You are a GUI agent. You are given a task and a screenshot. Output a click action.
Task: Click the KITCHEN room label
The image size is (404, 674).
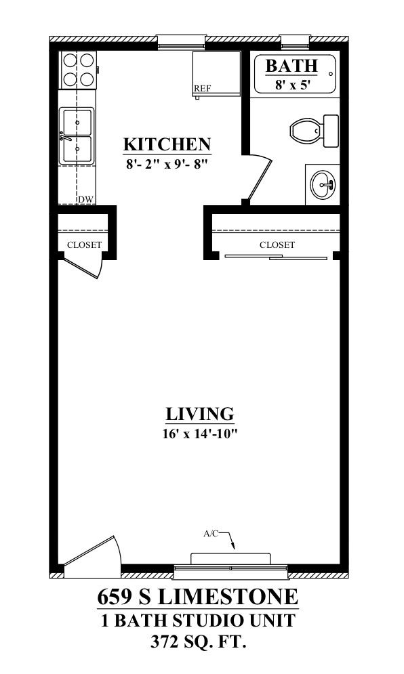click(x=167, y=144)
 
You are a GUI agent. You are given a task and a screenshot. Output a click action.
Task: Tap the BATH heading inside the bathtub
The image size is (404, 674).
click(x=291, y=66)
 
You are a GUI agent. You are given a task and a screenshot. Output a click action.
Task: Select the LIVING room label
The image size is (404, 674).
click(x=200, y=414)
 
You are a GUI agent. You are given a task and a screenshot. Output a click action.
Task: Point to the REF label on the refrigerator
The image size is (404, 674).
click(x=203, y=89)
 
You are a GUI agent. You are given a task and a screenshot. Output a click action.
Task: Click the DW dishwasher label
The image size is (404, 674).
click(x=85, y=199)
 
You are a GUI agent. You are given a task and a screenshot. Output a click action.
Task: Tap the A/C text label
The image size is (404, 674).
click(x=211, y=534)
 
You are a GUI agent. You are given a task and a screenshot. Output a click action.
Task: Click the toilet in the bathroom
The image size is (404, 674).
click(x=314, y=130)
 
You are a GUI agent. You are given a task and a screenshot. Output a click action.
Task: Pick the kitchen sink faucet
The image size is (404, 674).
click(x=64, y=136)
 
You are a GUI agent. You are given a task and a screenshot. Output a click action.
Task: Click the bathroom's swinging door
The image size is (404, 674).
click(x=259, y=180)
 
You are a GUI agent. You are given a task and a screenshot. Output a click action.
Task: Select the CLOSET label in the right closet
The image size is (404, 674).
click(x=277, y=245)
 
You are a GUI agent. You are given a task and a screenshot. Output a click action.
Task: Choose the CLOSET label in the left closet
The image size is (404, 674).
click(x=84, y=245)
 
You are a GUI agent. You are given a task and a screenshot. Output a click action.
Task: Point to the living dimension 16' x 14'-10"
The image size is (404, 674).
click(x=200, y=434)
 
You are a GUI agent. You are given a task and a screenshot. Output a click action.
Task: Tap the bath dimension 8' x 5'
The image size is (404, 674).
click(x=293, y=85)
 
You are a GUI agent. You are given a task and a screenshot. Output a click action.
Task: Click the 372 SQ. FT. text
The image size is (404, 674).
click(x=199, y=643)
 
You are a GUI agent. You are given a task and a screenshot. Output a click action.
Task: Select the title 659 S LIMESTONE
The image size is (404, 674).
click(x=197, y=597)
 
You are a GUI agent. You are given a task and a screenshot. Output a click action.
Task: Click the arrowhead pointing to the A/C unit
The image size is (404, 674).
click(x=234, y=547)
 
